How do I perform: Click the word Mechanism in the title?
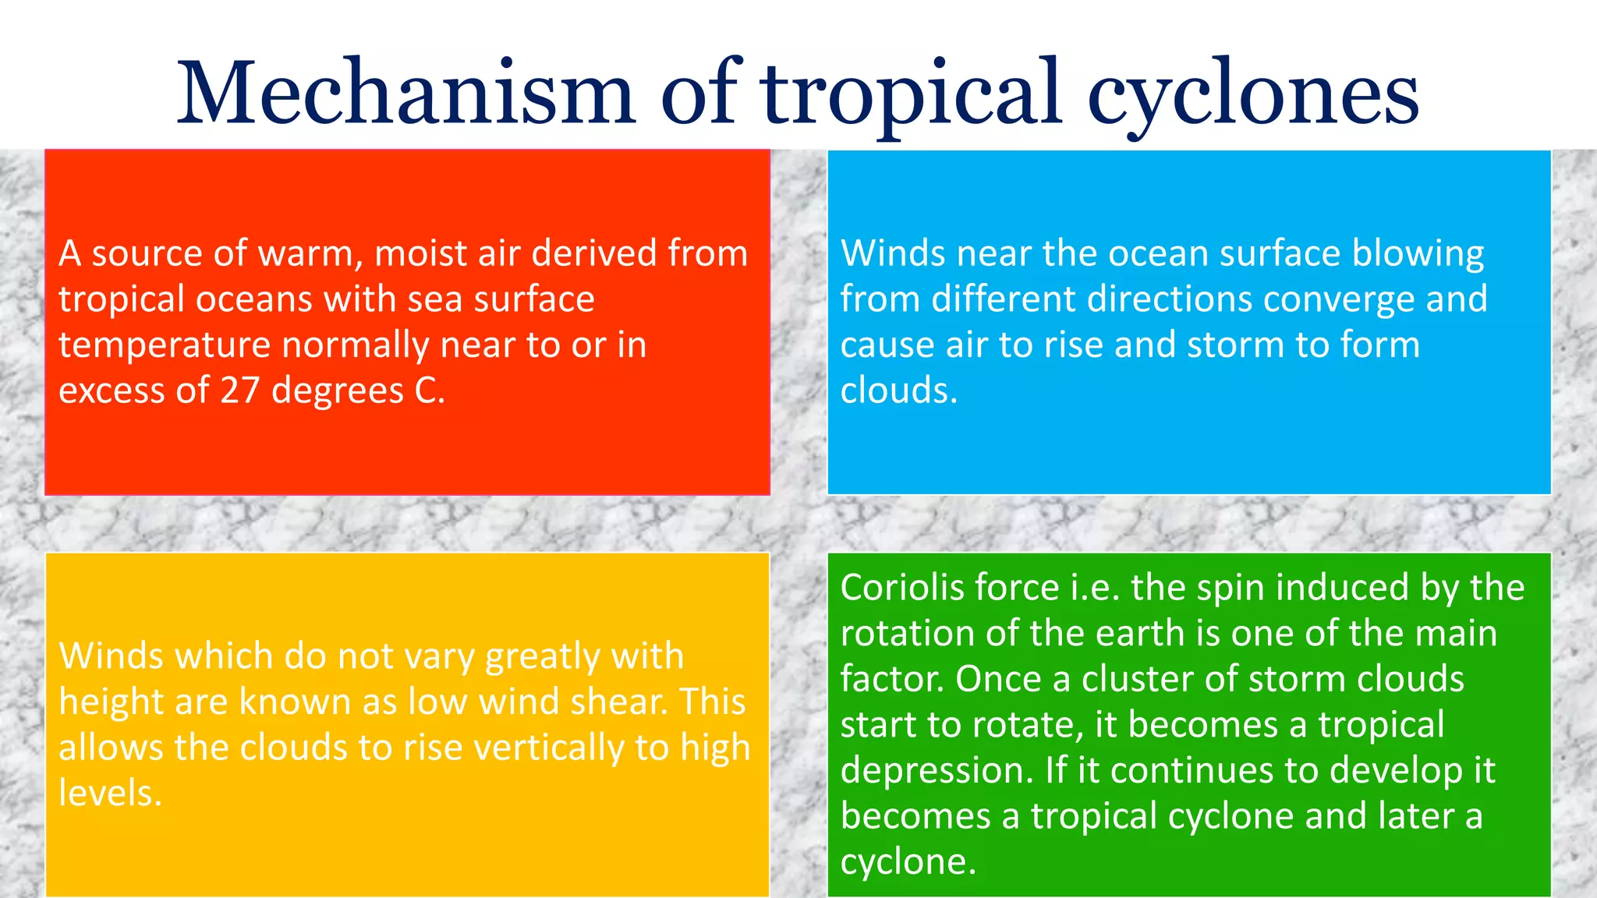pos(405,94)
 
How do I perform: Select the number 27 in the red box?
pos(239,391)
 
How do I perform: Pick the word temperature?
pos(165,345)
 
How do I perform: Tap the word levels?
pos(110,793)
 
